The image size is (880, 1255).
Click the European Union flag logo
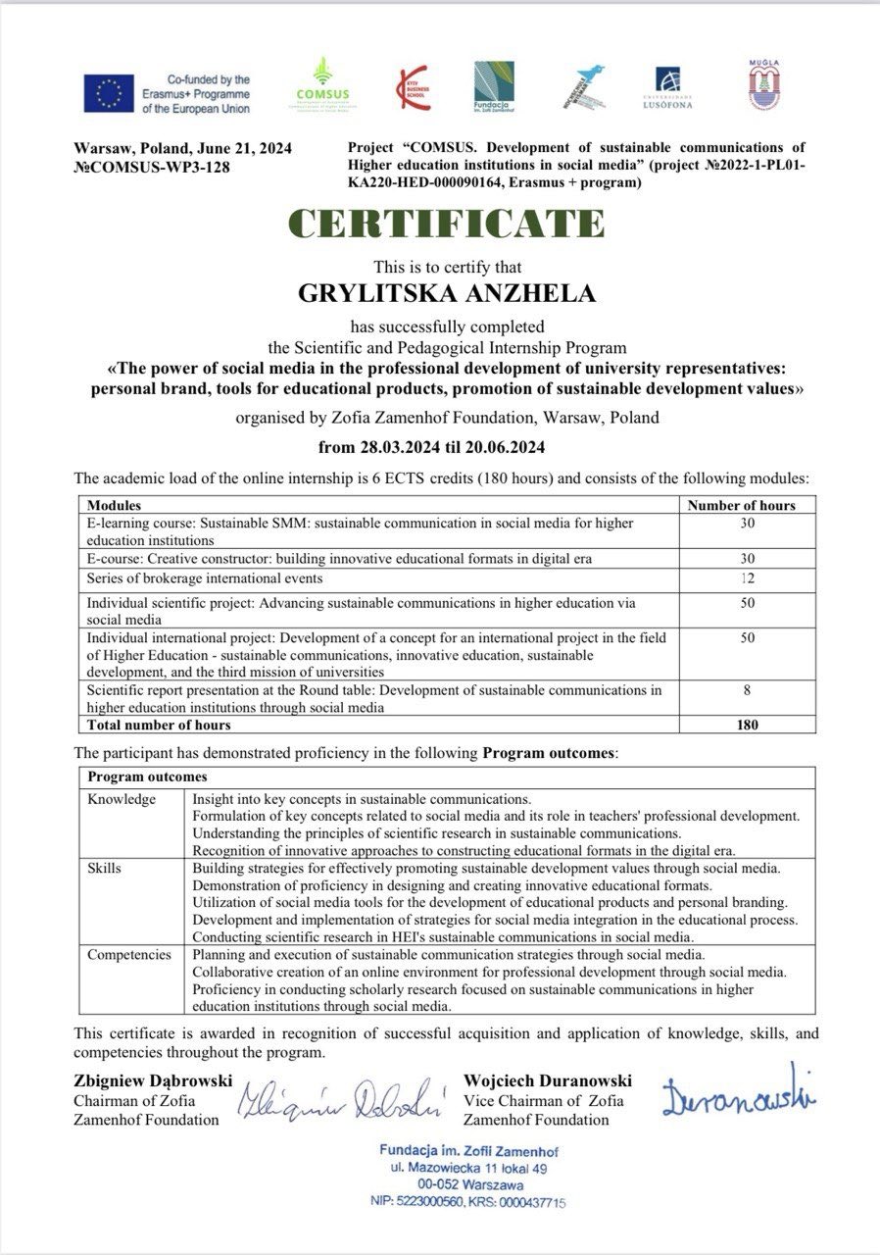108,94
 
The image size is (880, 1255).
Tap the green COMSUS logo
321,84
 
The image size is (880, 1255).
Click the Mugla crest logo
762,85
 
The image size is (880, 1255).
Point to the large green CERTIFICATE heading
446,225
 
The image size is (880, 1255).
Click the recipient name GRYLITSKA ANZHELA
446,292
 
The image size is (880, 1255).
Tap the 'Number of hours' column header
741,506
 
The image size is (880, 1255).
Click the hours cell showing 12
748,577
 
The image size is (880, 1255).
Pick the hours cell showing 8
748,690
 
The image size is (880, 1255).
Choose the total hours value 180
748,726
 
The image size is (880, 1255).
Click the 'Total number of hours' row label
159,726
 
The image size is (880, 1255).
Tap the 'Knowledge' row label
122,799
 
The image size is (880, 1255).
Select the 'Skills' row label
105,869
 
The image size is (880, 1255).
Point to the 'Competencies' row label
128,954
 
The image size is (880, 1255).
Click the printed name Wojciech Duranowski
547,1081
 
